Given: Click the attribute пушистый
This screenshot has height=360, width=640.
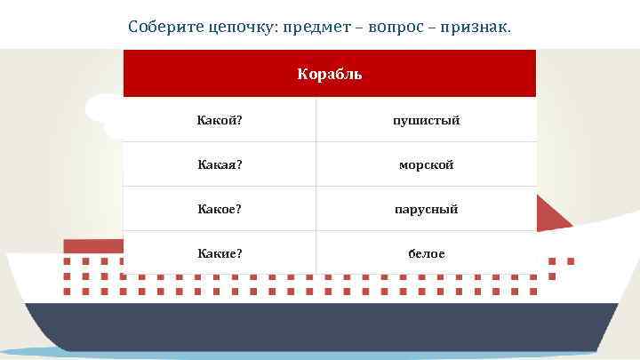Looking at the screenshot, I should point(427,120).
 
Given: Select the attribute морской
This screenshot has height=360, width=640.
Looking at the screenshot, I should point(427,164).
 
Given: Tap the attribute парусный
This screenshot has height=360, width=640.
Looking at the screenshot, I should point(427,209).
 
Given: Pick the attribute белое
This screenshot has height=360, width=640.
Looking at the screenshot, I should point(427,254).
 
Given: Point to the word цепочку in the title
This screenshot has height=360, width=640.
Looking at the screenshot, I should point(241,28).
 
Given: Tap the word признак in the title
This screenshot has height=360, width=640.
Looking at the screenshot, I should point(477,28).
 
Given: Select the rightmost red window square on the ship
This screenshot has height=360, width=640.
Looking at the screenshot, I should point(570,261).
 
